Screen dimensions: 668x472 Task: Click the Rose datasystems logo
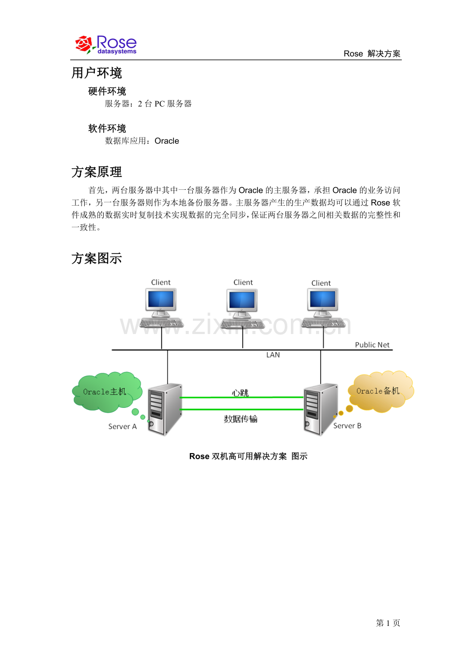point(106,45)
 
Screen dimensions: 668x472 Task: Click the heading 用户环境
point(96,73)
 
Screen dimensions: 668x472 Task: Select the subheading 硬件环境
point(107,91)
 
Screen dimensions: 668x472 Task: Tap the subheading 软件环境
point(107,128)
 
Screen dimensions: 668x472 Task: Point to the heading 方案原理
point(96,172)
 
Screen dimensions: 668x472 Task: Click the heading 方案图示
point(96,259)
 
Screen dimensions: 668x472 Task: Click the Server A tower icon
point(165,409)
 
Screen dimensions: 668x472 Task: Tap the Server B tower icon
point(320,409)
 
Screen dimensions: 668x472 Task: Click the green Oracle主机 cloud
point(107,392)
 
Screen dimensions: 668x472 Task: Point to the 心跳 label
point(240,393)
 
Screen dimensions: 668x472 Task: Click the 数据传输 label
point(241,419)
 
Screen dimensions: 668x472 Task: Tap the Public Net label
point(372,345)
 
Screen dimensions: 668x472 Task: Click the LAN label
point(273,355)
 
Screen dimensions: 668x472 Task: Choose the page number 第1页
point(388,623)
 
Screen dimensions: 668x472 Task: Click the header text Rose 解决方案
point(372,53)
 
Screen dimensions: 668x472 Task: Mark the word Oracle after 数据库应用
point(167,141)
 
